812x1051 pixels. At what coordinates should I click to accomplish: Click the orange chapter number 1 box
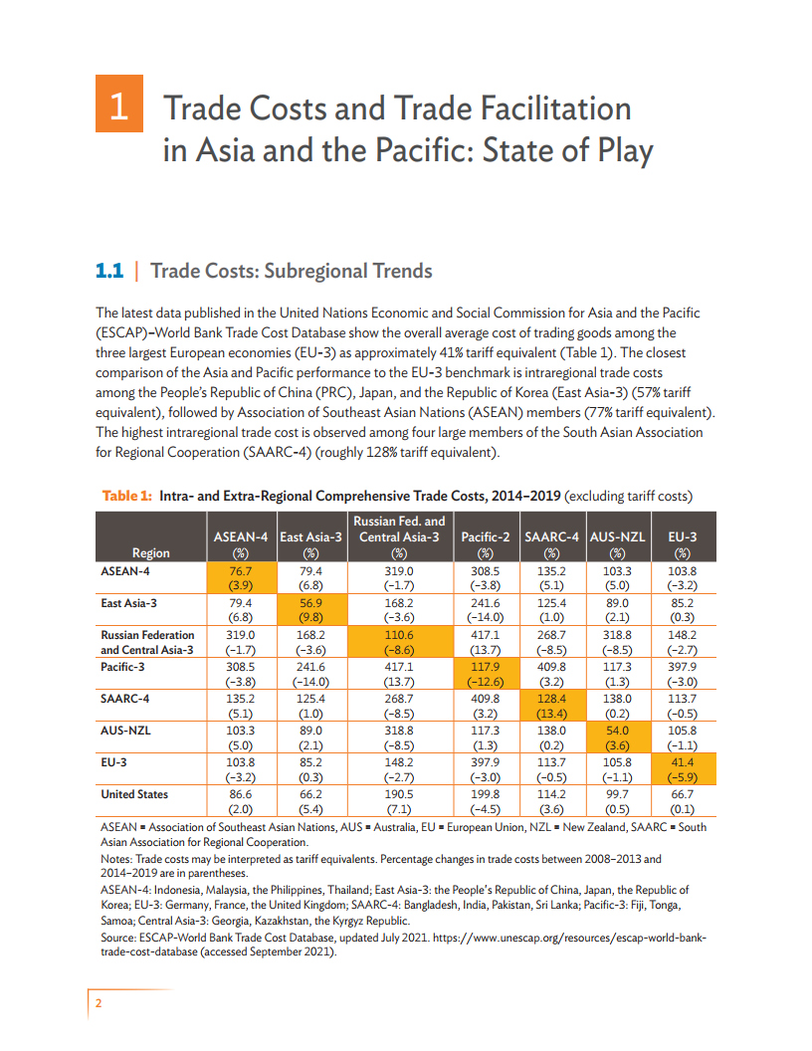(x=118, y=104)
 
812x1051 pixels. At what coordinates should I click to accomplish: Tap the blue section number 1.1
(x=107, y=271)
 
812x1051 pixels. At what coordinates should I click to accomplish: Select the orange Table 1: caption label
(x=126, y=496)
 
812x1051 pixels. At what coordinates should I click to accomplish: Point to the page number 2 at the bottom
(x=99, y=1003)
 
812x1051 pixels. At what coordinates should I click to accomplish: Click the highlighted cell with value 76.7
(x=240, y=578)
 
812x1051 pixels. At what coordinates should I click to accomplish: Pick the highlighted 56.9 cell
(x=311, y=609)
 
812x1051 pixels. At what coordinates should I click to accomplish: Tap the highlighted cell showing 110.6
(x=398, y=640)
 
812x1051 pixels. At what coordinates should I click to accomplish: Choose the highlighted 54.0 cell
(x=617, y=737)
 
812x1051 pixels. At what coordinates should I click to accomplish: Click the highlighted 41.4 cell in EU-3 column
(x=682, y=768)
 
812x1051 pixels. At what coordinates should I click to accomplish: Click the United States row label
(x=134, y=794)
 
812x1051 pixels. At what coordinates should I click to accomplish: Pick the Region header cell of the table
(x=151, y=552)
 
